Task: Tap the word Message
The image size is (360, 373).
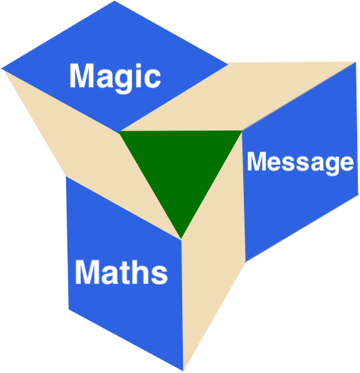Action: [x=300, y=164]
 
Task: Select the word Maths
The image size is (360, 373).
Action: [x=121, y=272]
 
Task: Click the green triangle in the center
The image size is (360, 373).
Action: [x=181, y=167]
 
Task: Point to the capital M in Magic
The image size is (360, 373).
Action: [x=82, y=75]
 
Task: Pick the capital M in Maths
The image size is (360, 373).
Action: [x=87, y=272]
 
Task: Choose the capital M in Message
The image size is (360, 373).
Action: [x=257, y=161]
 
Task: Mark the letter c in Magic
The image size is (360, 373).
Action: [x=152, y=79]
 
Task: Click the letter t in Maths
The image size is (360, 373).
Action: [x=124, y=273]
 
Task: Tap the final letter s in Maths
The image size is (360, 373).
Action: [x=159, y=275]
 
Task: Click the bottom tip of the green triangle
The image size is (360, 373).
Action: [x=181, y=239]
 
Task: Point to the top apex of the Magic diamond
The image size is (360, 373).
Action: [x=114, y=1]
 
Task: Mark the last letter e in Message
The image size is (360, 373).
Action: [x=346, y=163]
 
